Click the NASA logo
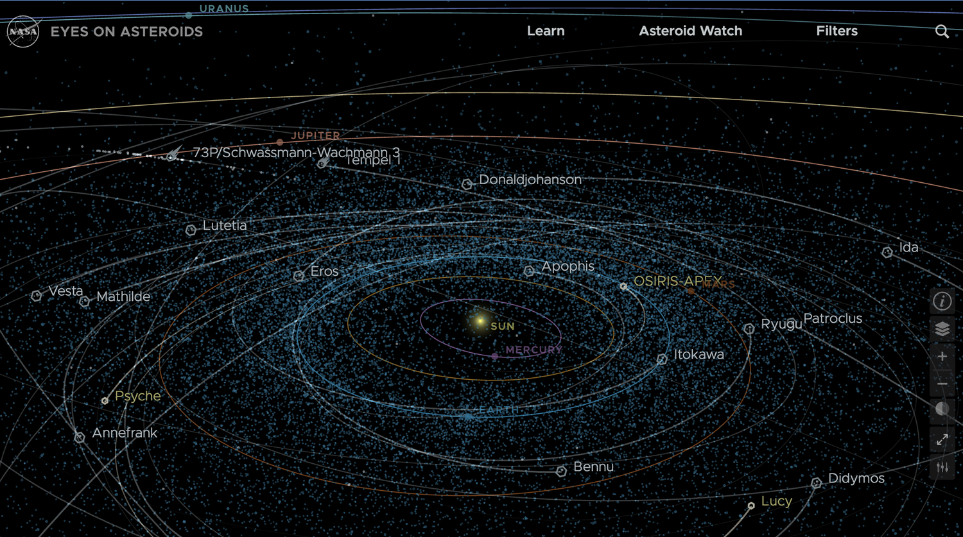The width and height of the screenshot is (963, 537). pos(23,31)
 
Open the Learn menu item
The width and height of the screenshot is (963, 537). pos(546,31)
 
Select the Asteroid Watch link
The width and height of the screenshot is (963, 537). pos(690,31)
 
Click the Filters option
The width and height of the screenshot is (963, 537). pos(837,31)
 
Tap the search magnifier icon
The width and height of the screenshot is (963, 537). pos(942,31)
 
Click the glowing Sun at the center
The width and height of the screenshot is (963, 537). pos(480,321)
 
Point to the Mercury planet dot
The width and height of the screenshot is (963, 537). pos(494,356)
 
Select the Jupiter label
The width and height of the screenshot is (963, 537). pos(315,136)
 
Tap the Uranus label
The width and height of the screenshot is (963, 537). pos(224,9)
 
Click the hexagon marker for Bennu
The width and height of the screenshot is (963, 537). pos(561,472)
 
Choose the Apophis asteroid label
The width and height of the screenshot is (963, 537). pos(568,266)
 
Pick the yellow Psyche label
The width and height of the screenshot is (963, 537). pos(137,396)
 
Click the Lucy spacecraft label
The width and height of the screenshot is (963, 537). pos(776,501)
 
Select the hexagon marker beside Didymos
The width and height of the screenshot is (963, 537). pos(816,482)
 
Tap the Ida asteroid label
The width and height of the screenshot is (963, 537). pos(908,247)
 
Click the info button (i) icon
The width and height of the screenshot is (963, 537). pos(942,301)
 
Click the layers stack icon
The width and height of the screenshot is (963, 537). pos(942,329)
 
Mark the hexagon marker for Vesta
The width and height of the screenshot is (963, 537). pos(37,296)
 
